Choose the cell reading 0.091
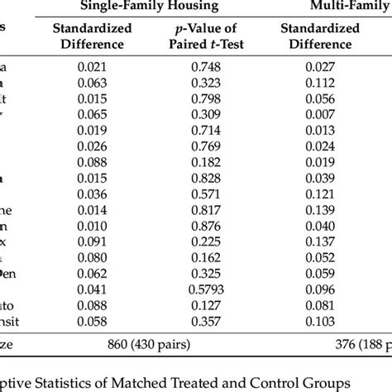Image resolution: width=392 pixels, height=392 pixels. click(93, 242)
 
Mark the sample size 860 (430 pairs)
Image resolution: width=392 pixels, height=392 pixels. click(157, 343)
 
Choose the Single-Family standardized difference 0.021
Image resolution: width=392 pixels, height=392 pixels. click(93, 68)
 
